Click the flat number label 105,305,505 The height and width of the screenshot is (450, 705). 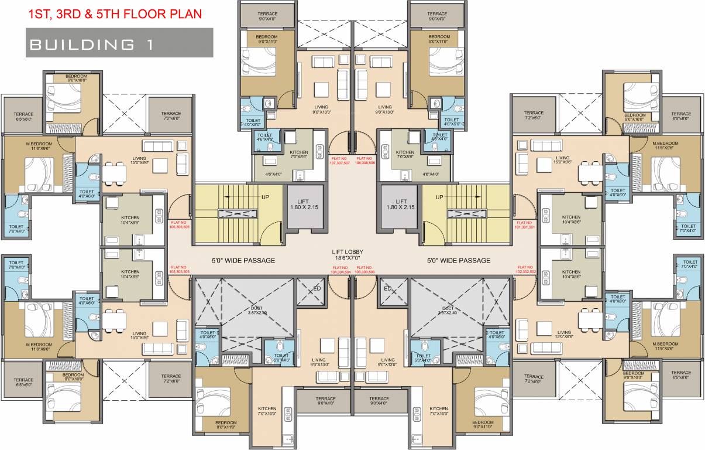coord(180,270)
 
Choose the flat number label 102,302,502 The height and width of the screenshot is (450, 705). coord(525,270)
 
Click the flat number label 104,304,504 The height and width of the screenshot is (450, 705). coord(340,270)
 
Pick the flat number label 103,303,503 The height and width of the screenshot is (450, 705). coord(364,270)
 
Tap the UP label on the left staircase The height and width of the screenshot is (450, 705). coord(265,197)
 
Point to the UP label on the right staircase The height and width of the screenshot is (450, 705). coord(439,197)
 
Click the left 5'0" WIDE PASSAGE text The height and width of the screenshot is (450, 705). coord(243,261)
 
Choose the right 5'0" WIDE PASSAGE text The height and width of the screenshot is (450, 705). coord(459,261)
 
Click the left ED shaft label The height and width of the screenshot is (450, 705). coord(317,288)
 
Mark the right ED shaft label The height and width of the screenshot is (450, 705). coord(387,288)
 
